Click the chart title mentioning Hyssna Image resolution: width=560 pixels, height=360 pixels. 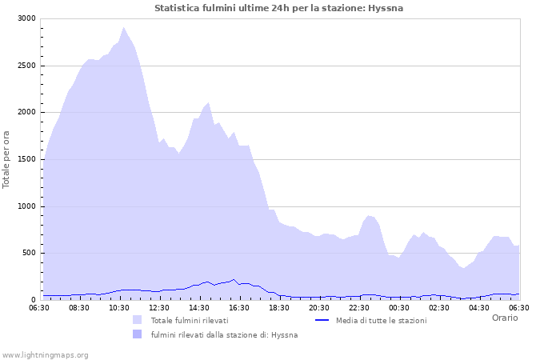(278, 8)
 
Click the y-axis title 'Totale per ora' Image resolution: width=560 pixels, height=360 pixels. (7, 158)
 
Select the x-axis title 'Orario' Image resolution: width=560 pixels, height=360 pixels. (504, 318)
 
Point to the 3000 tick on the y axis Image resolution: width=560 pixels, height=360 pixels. (26, 18)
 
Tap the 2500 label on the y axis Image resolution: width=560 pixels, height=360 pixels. (26, 66)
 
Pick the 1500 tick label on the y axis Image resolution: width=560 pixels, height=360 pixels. (26, 159)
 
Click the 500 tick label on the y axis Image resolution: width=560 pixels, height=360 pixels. (29, 253)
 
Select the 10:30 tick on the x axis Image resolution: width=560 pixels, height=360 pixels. (119, 307)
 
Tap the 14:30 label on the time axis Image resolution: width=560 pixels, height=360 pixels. (199, 307)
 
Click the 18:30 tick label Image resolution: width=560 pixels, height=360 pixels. (279, 307)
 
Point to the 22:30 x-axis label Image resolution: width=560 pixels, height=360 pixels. (359, 307)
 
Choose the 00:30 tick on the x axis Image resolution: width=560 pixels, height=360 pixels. (399, 307)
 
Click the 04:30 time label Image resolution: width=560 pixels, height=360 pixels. (479, 307)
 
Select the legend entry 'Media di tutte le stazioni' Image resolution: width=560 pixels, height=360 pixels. (381, 320)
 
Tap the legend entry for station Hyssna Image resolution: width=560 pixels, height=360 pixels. (224, 334)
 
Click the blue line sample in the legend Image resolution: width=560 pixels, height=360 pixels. (322, 320)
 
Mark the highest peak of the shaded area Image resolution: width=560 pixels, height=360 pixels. (123, 27)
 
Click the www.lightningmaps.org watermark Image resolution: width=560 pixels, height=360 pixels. (45, 354)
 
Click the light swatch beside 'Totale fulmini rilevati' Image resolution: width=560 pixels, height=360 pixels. (138, 320)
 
